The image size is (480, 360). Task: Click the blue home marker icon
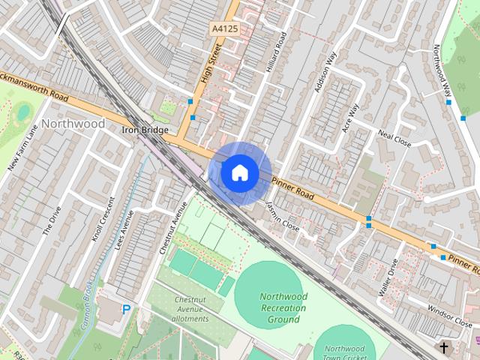coord(239,172)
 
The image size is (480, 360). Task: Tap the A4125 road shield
coord(224,28)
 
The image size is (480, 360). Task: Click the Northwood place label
coord(73,123)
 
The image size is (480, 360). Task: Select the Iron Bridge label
coord(145,130)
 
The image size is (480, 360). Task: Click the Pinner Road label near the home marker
coord(293,188)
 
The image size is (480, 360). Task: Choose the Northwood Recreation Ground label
coord(283,307)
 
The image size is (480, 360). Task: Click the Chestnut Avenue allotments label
coord(189,309)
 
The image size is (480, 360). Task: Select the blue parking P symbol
coord(126,309)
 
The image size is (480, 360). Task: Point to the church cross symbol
coord(444,348)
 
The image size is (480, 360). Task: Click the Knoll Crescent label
coord(104,220)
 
